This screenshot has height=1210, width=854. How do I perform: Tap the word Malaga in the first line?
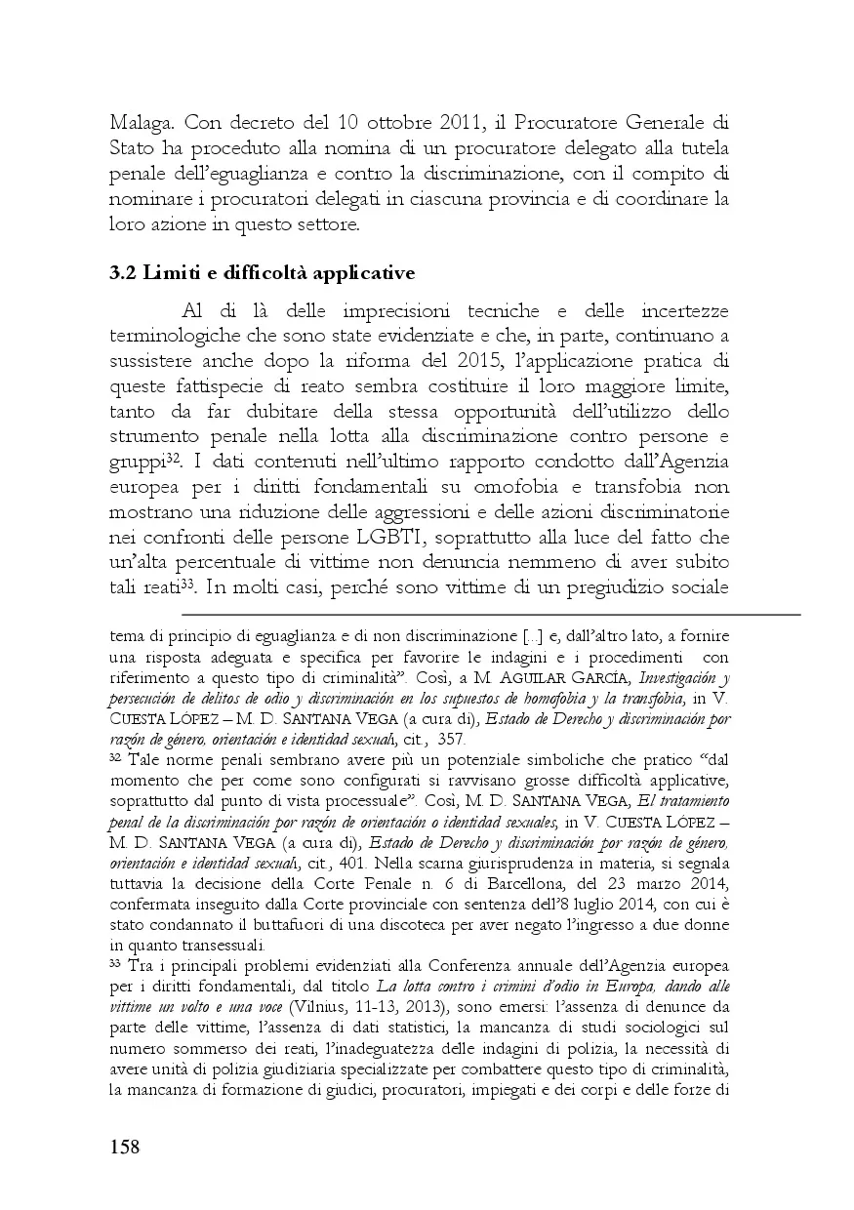coord(141,124)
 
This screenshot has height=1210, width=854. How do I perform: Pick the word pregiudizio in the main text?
coord(646,588)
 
